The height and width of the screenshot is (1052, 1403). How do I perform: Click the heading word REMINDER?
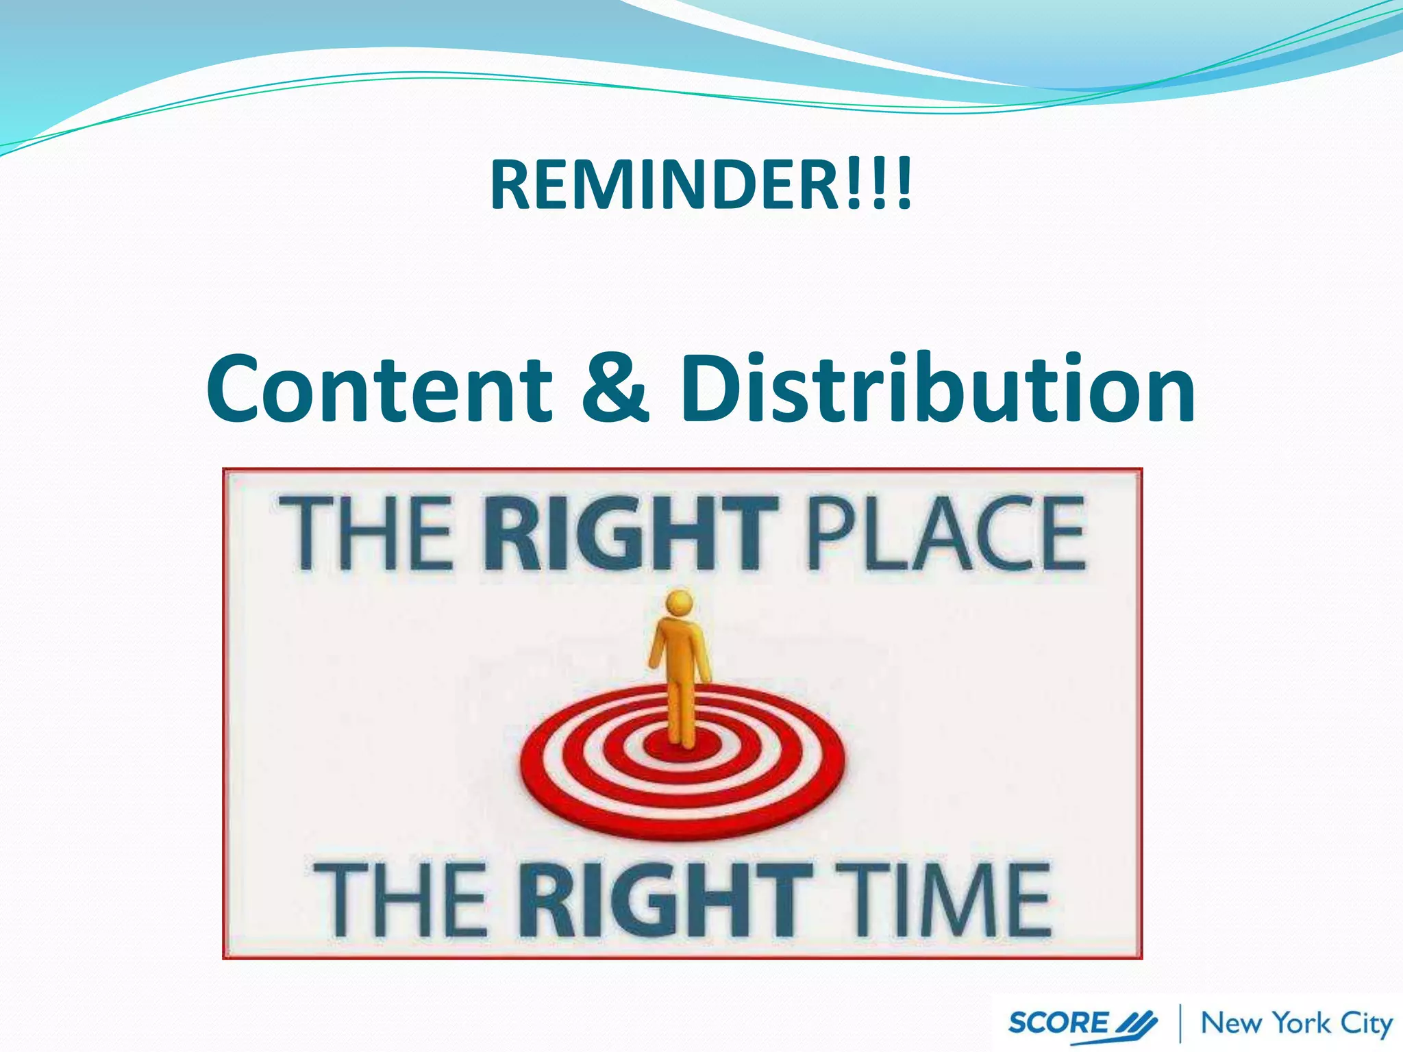click(661, 185)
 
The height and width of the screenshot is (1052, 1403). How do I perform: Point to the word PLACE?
click(946, 534)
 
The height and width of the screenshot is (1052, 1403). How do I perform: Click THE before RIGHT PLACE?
click(367, 534)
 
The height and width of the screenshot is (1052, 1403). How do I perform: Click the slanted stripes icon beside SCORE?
click(1137, 1025)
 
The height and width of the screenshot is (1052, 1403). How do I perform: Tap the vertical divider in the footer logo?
click(1180, 1023)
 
